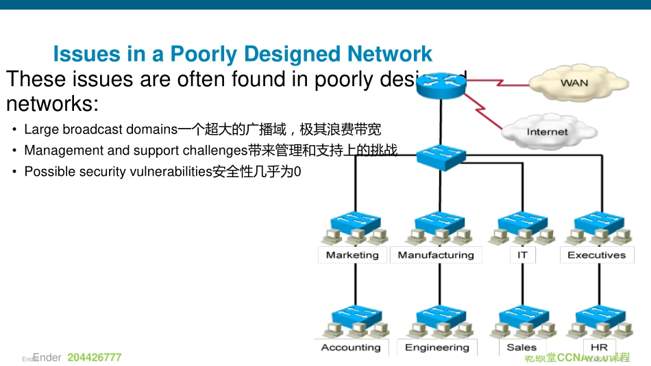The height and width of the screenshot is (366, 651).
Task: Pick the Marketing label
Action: [352, 255]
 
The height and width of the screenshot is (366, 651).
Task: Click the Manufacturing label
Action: [436, 255]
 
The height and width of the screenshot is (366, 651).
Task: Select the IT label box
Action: [523, 255]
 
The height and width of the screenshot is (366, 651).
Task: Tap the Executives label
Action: [596, 255]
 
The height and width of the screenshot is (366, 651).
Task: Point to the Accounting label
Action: [351, 348]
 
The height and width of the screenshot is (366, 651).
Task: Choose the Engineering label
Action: [437, 348]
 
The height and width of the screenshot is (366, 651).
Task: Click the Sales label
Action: [521, 348]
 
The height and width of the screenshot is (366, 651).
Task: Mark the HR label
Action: [599, 348]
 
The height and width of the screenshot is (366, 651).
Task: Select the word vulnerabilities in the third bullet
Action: [171, 172]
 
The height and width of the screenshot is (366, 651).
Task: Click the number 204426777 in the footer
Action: [95, 358]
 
